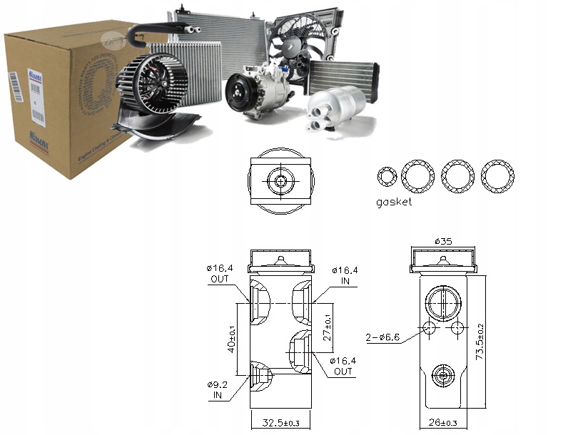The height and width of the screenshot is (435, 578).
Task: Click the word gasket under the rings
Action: coord(394,202)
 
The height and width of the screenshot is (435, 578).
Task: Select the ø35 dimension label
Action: coord(442,242)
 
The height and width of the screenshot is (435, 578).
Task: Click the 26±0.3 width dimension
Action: coord(443,424)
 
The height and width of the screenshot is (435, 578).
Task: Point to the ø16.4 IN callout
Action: coord(346,275)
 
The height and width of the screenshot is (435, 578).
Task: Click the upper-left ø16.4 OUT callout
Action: coord(219,273)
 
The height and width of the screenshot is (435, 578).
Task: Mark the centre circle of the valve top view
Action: coord(280,181)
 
